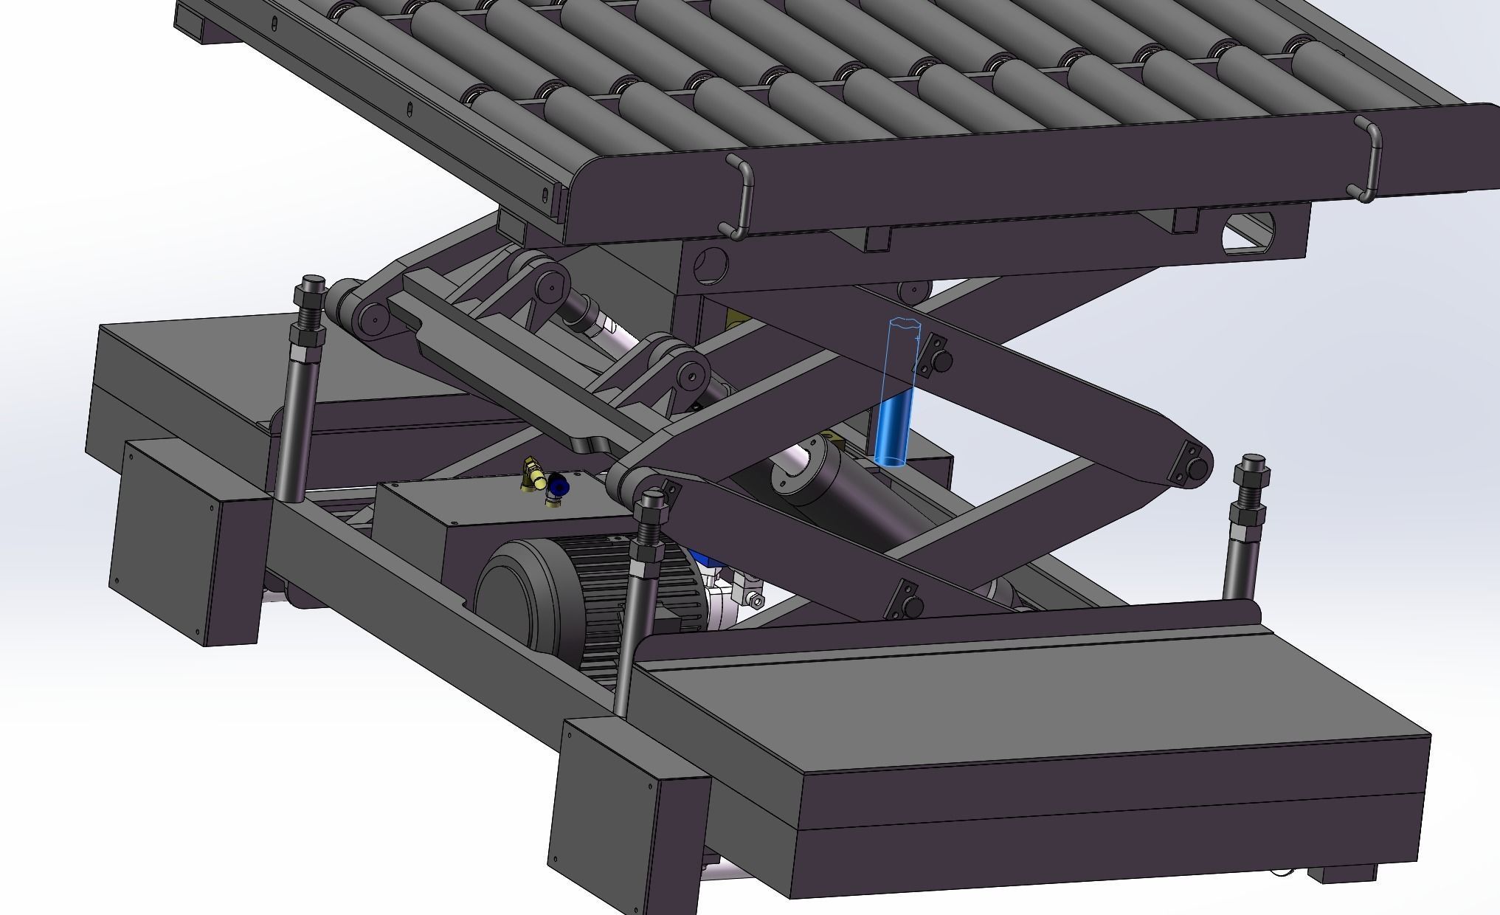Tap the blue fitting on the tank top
[x=559, y=486]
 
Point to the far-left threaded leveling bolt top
[x=310, y=295]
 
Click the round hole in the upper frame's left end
[x=710, y=266]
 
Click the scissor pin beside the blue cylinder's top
[x=942, y=362]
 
